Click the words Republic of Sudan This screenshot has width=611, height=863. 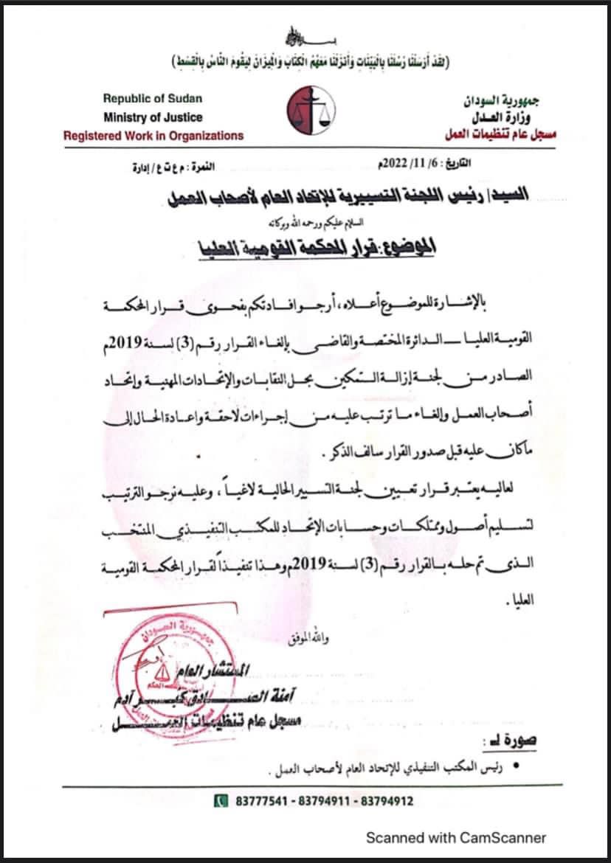tap(153, 98)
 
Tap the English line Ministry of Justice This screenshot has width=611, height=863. tap(153, 117)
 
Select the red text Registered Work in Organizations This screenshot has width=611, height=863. tap(153, 136)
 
